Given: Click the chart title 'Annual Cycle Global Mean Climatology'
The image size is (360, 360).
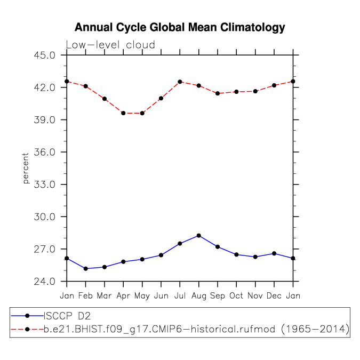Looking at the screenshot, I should (x=180, y=27).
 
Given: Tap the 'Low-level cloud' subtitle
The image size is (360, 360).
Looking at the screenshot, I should (x=110, y=45).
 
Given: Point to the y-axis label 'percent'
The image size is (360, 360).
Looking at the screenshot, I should (x=25, y=168).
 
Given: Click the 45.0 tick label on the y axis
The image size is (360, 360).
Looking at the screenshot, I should (x=44, y=55).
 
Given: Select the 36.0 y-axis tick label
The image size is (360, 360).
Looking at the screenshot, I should (x=44, y=152).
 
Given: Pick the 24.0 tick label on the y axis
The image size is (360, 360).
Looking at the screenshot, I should (x=44, y=281).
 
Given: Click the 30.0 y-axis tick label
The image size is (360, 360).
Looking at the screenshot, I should (x=44, y=217).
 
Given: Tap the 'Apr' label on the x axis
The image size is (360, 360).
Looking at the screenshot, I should (x=123, y=295).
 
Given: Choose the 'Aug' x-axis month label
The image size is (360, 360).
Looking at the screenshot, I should (x=198, y=295).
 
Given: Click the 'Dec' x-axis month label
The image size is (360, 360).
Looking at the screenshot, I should (x=274, y=295).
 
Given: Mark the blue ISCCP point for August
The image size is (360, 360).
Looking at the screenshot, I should (x=199, y=235).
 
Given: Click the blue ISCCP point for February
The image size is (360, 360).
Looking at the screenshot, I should (x=85, y=268).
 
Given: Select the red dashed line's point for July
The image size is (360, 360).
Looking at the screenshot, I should (x=180, y=82).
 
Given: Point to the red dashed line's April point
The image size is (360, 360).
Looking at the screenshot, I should (x=123, y=113).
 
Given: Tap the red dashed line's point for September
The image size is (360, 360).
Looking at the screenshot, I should (x=218, y=93).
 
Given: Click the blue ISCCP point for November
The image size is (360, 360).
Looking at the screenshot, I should (x=255, y=257).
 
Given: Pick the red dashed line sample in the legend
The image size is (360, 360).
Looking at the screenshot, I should (x=27, y=331).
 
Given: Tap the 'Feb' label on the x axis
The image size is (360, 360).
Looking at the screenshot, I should (x=85, y=295).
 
